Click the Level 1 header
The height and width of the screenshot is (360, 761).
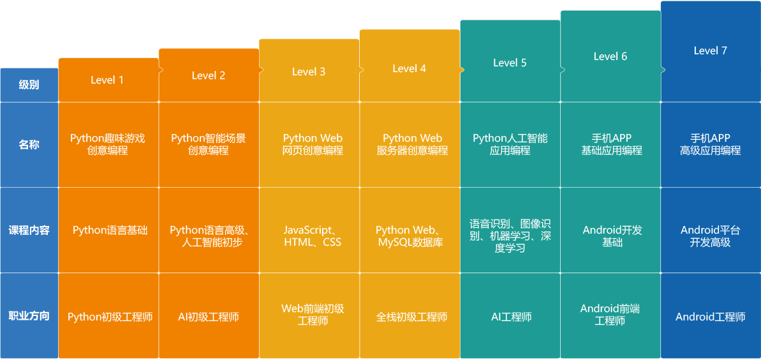tap(107, 80)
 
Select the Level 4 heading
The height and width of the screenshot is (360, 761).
tap(409, 68)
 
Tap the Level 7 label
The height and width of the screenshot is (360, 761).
tap(710, 50)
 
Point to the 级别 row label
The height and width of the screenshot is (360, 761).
tap(29, 84)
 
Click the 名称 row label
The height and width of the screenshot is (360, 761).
tap(29, 145)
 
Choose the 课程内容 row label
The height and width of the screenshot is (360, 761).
tap(29, 230)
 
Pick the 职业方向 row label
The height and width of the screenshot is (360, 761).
tap(29, 316)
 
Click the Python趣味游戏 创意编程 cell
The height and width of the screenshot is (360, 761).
tap(108, 144)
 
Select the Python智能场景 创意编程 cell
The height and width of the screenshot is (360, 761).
tap(209, 144)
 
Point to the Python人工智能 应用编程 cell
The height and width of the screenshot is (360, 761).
tap(510, 144)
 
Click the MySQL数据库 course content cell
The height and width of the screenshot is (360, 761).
tap(410, 236)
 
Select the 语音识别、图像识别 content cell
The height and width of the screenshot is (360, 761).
tap(510, 236)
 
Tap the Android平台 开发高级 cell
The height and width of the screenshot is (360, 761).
tap(710, 236)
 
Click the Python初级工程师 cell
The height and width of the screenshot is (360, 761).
tap(110, 317)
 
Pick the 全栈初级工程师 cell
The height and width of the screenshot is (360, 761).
tap(411, 317)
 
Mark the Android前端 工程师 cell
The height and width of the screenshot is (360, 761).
tap(610, 315)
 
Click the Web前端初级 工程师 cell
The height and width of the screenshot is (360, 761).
tap(313, 315)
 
